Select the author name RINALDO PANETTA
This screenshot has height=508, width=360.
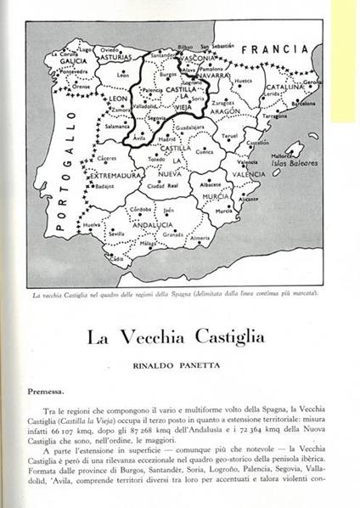click(180, 365)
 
